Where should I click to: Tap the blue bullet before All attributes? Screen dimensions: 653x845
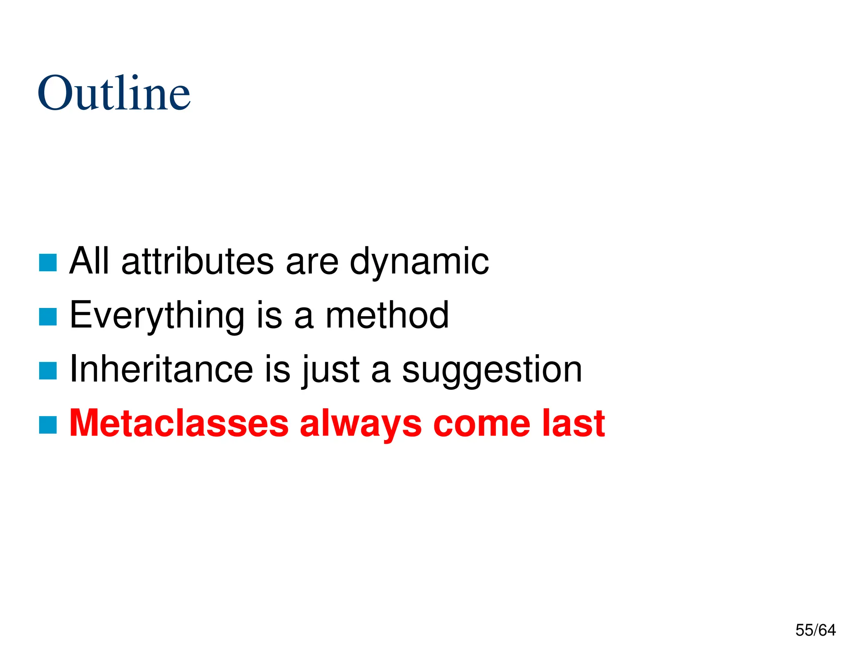48,263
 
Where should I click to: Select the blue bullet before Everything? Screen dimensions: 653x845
48,317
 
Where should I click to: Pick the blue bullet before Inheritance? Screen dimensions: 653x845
48,371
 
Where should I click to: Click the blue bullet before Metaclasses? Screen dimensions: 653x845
48,425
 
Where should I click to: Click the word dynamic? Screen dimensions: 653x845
419,262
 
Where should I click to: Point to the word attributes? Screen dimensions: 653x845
198,261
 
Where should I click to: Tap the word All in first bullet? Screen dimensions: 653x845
90,261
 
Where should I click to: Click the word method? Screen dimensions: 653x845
387,315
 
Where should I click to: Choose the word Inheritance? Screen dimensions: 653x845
161,369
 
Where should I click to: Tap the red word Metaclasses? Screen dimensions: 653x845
179,423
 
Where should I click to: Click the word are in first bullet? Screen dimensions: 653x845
312,262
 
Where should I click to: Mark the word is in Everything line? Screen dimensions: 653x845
269,315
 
